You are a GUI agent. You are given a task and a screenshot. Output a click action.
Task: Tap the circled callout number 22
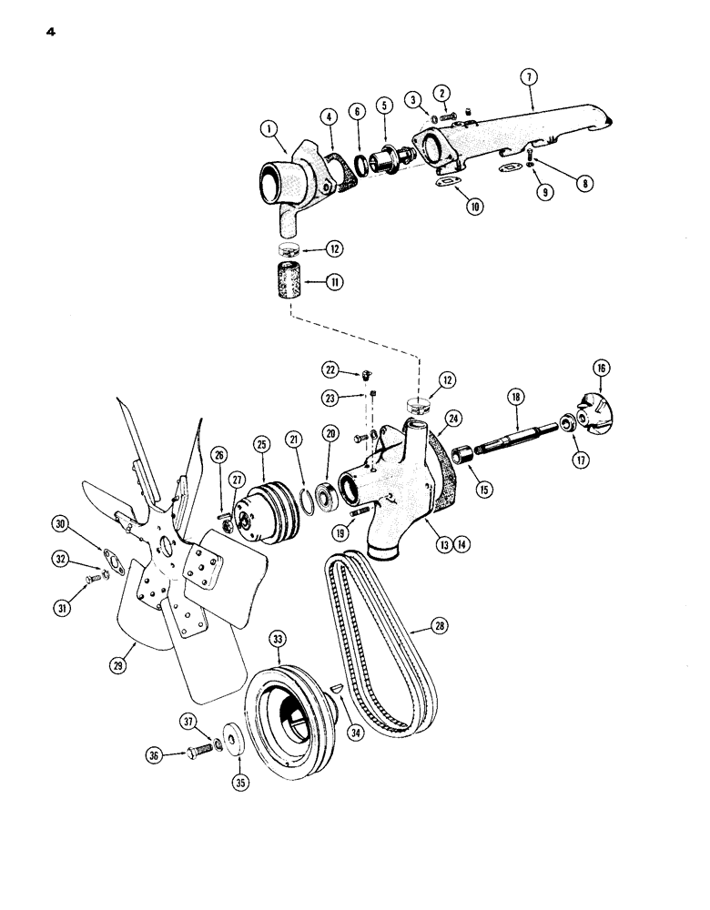331,369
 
